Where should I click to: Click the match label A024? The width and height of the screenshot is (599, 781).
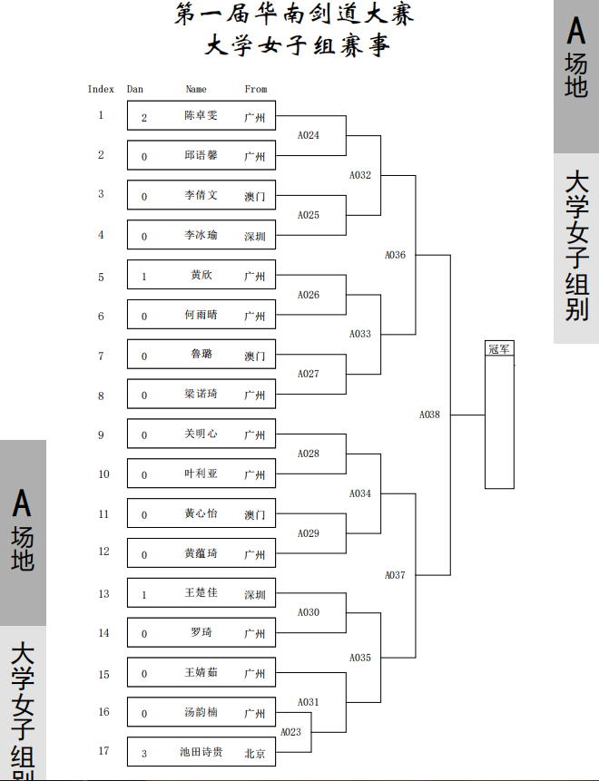(308, 135)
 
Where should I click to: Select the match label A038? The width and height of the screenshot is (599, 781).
(429, 415)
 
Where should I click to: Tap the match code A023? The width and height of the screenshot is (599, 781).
(290, 732)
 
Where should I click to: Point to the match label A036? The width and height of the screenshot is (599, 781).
(395, 255)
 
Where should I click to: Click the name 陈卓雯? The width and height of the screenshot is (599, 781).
(201, 115)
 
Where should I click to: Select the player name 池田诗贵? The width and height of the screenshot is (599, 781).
(201, 752)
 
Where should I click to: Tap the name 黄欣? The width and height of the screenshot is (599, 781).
(201, 275)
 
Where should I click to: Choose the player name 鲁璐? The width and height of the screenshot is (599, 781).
(201, 354)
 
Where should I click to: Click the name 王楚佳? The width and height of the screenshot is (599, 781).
(201, 592)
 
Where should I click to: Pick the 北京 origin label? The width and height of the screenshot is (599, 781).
(255, 754)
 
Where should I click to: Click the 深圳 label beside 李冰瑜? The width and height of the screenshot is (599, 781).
(255, 237)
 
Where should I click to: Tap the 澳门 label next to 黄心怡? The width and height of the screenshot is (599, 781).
(255, 515)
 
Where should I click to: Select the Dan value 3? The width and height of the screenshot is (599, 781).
(144, 754)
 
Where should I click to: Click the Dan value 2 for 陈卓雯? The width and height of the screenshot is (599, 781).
(144, 118)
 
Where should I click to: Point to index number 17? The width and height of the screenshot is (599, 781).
(103, 751)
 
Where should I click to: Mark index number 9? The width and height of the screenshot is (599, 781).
(101, 434)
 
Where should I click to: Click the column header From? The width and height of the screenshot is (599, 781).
(256, 89)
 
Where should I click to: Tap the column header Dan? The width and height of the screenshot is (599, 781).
(135, 89)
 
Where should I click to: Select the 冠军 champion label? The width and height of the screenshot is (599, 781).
(499, 348)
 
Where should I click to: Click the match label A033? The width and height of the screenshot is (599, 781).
(359, 334)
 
